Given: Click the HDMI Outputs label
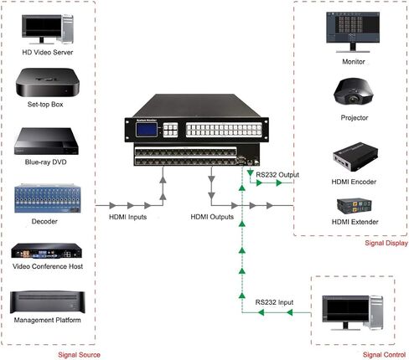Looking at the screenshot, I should pos(212,217).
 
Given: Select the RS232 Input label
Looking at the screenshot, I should pos(273,300).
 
